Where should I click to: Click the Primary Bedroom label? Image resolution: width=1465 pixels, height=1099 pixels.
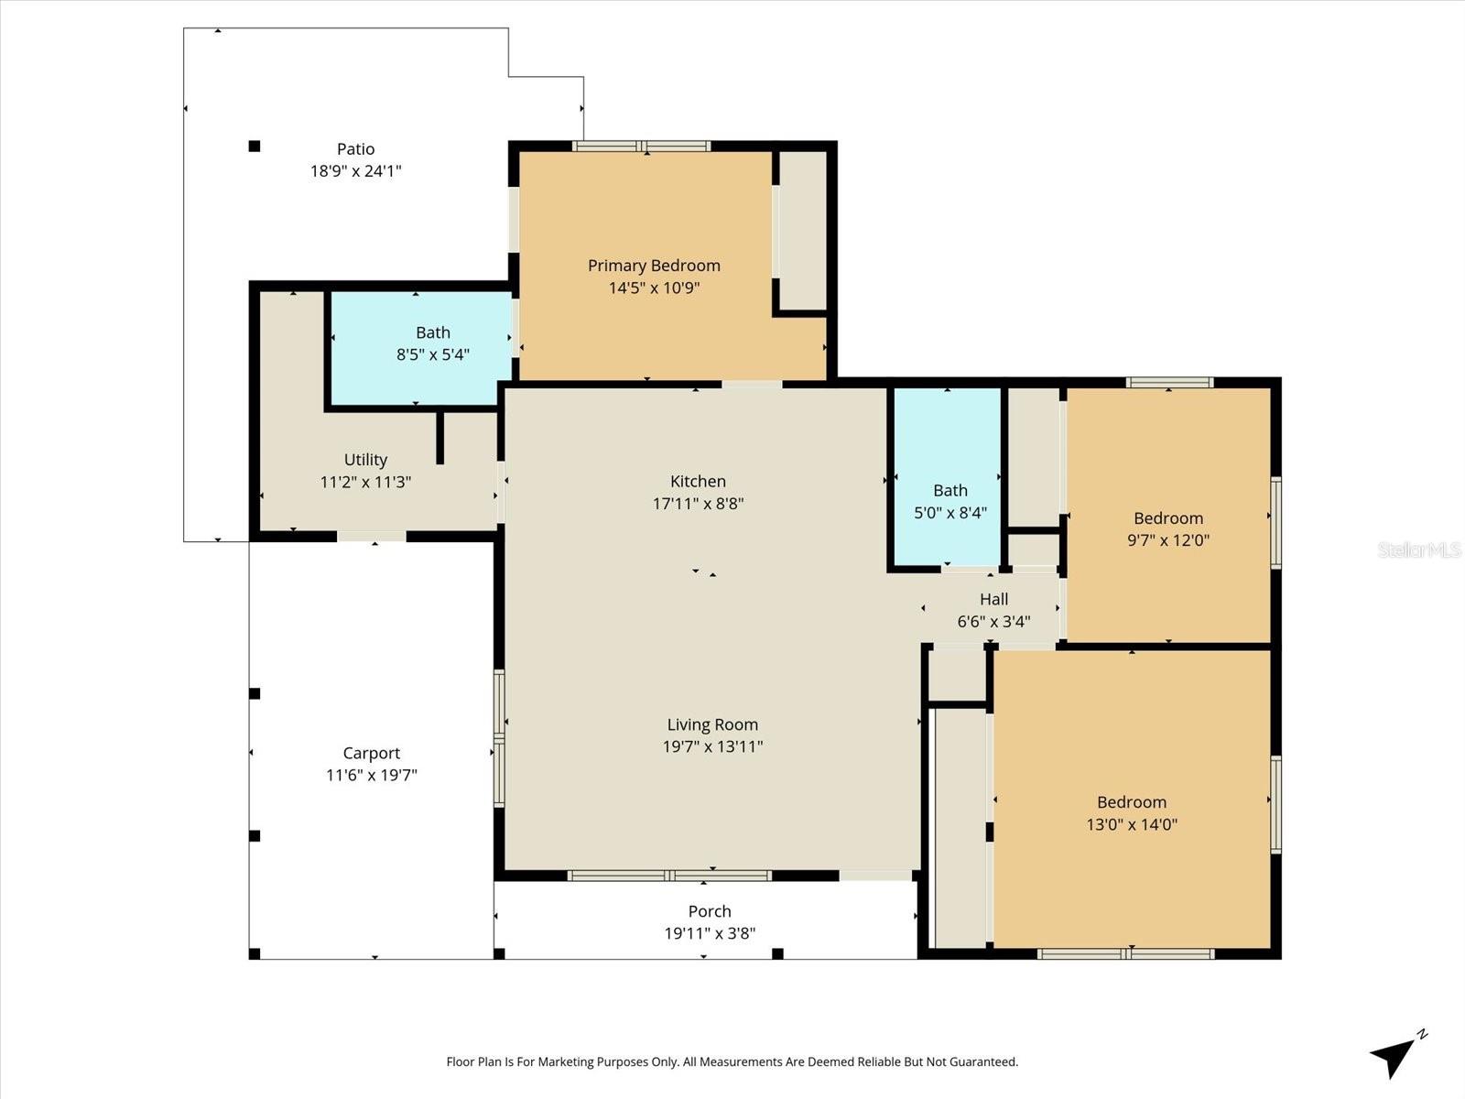pyautogui.click(x=654, y=266)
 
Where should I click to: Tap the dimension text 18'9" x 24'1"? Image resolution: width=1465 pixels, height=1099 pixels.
pyautogui.click(x=355, y=171)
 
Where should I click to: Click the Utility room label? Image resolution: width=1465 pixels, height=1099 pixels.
pyautogui.click(x=365, y=460)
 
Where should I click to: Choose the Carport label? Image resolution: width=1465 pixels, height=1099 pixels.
pyautogui.click(x=371, y=753)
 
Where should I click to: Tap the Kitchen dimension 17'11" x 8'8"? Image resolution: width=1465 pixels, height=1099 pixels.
pyautogui.click(x=698, y=503)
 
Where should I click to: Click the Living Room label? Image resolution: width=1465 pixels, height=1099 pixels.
pyautogui.click(x=712, y=724)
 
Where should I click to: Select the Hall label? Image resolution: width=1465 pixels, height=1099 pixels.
pyautogui.click(x=993, y=599)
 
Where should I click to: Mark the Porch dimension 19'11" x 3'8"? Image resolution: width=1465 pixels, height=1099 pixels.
pyautogui.click(x=710, y=933)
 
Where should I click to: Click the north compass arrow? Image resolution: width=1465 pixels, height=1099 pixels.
pyautogui.click(x=1394, y=1056)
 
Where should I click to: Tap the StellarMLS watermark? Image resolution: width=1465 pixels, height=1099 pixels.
pyautogui.click(x=1418, y=550)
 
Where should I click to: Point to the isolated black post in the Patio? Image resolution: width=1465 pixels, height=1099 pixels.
pyautogui.click(x=255, y=146)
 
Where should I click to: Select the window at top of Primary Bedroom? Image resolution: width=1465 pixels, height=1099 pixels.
pyautogui.click(x=642, y=146)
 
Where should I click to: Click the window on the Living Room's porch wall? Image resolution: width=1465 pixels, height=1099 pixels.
pyautogui.click(x=669, y=876)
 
